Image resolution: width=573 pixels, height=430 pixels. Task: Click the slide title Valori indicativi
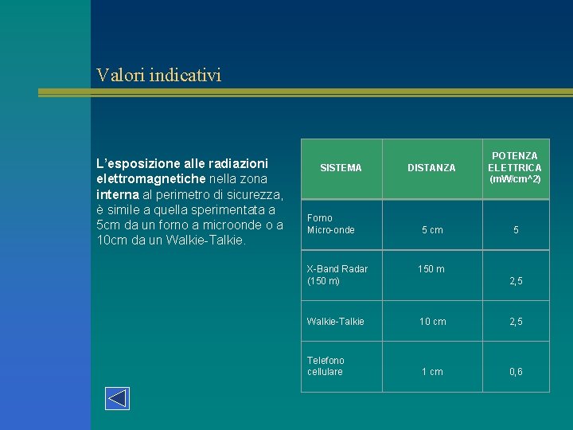[158, 76]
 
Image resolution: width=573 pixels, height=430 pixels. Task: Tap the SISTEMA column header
[341, 168]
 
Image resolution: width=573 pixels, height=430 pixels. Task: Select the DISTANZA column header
[431, 168]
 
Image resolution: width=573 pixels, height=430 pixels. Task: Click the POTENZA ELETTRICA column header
[514, 162]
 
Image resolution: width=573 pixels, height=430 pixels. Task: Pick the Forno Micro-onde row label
[331, 224]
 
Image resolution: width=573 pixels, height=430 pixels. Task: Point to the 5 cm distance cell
[432, 230]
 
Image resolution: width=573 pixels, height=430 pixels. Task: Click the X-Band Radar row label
[337, 275]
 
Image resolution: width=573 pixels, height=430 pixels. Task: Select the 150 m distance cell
[431, 269]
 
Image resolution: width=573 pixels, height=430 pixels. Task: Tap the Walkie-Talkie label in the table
[336, 322]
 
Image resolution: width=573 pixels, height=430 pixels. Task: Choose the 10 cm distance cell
[433, 322]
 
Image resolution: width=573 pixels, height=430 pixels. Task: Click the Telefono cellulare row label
[326, 366]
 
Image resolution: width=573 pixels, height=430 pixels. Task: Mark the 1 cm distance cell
[433, 372]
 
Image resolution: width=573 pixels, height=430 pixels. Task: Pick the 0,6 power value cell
[516, 372]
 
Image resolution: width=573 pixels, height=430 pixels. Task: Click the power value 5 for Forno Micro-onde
[516, 230]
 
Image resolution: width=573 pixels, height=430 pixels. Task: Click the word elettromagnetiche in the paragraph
[151, 178]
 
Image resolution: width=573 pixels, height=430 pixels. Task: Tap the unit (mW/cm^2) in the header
[515, 179]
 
